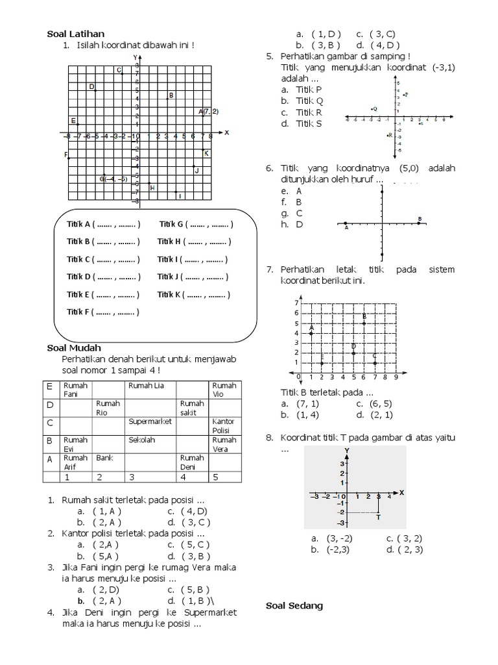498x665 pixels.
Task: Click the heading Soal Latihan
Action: pos(76,34)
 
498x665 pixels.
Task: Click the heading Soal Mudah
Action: pos(74,348)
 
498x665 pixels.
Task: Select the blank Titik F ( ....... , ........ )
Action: pos(103,312)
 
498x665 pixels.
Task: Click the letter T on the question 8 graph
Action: pos(378,518)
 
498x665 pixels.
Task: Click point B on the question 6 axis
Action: pos(420,220)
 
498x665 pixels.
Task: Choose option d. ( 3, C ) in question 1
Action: pos(189,521)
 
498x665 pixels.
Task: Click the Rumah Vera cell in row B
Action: pos(223,444)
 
